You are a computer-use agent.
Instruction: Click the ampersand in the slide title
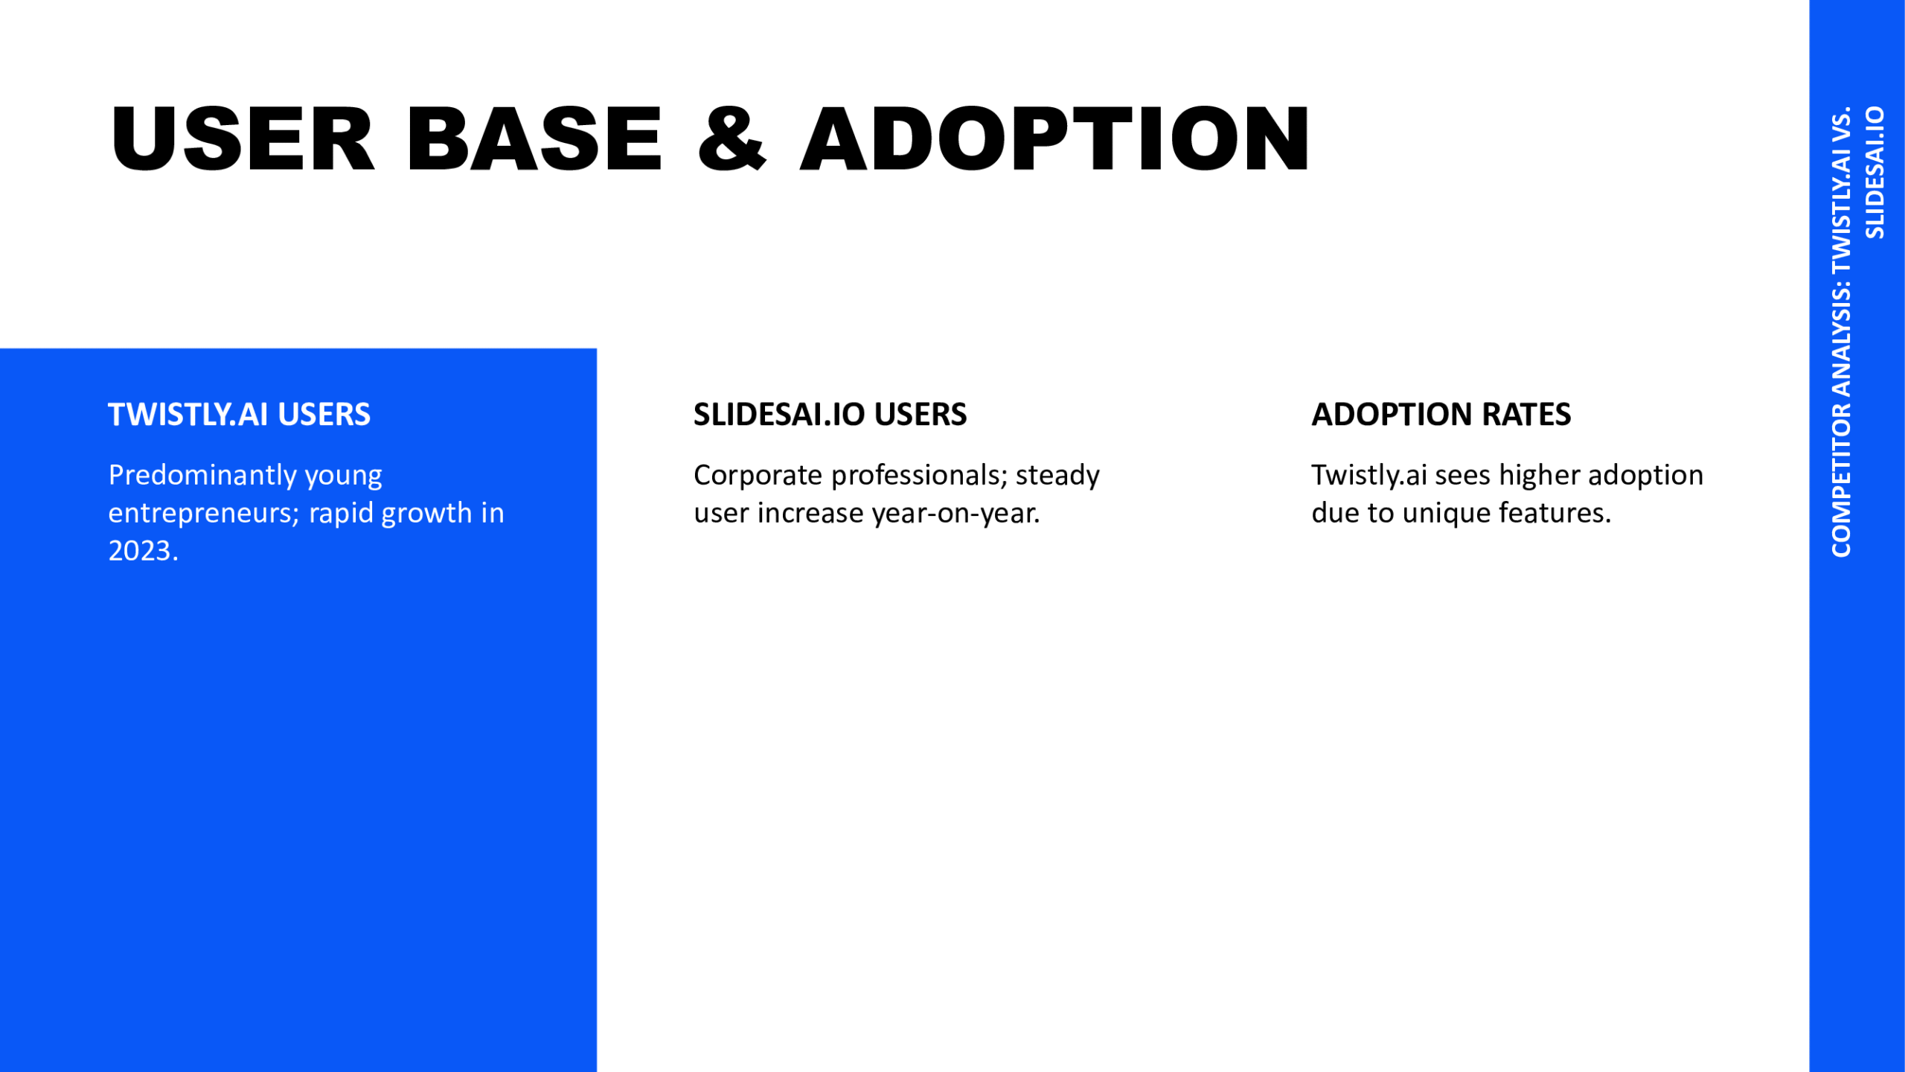[732, 138]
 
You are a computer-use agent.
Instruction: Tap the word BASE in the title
[534, 138]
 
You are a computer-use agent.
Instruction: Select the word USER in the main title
[243, 138]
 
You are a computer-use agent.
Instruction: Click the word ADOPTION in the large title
[1054, 138]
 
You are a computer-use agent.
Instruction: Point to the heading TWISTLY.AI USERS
[239, 415]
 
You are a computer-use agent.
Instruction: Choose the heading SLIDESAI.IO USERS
[830, 415]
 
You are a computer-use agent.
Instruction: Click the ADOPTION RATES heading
[1441, 415]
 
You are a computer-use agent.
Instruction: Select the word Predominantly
[202, 475]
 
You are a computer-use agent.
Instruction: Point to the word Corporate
[758, 475]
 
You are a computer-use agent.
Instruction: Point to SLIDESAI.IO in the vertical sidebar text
[1874, 173]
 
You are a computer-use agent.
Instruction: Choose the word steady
[1057, 476]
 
